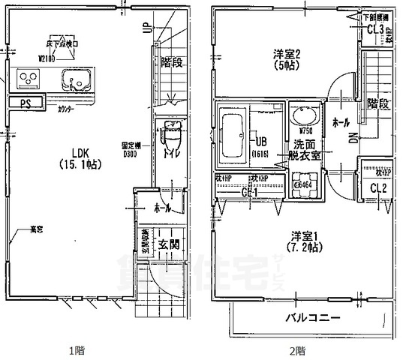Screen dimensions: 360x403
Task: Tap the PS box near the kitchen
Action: [x=26, y=103]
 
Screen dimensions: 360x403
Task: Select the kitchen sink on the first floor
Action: [x=76, y=79]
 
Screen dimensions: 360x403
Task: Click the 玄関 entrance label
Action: [x=167, y=244]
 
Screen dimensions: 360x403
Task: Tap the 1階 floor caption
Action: [x=77, y=349]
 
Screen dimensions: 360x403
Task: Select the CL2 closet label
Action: [x=378, y=188]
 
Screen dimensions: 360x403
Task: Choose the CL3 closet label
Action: [x=377, y=30]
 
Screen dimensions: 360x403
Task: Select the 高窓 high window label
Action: [x=35, y=229]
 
